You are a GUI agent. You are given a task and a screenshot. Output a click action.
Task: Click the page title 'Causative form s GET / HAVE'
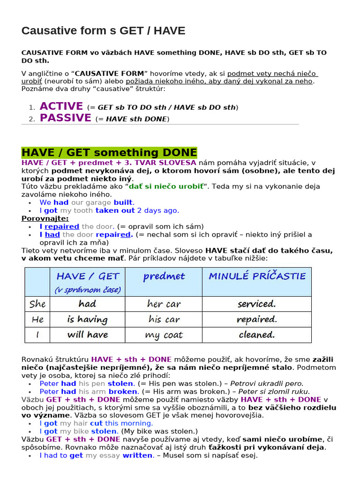pyautogui.click(x=104, y=31)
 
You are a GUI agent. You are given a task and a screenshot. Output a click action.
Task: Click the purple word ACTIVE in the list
pyautogui.click(x=61, y=106)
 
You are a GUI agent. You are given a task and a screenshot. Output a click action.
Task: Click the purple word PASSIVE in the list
pyautogui.click(x=66, y=118)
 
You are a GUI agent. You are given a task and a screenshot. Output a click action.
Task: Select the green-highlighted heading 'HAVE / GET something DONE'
pyautogui.click(x=109, y=153)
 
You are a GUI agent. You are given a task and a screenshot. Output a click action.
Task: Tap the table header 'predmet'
pyautogui.click(x=164, y=277)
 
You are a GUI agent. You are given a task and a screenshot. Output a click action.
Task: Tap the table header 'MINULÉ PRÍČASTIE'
pyautogui.click(x=257, y=276)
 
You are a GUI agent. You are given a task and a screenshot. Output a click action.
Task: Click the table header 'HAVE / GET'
pyautogui.click(x=88, y=277)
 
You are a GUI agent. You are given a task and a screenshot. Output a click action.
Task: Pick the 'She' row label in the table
pyautogui.click(x=37, y=304)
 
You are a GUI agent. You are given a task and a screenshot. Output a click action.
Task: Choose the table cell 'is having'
pyautogui.click(x=87, y=320)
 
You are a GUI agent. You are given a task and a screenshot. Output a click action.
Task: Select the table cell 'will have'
pyautogui.click(x=87, y=335)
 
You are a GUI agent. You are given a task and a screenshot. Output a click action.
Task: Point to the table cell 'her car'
pyautogui.click(x=164, y=304)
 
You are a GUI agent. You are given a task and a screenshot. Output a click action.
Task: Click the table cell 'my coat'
pyautogui.click(x=164, y=335)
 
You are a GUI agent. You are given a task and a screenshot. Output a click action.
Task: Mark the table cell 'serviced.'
pyautogui.click(x=257, y=304)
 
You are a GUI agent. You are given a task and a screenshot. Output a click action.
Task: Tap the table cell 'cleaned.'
pyautogui.click(x=257, y=335)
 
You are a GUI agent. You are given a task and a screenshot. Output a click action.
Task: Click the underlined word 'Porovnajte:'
pyautogui.click(x=45, y=218)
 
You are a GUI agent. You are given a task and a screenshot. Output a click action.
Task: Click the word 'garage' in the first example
pyautogui.click(x=98, y=202)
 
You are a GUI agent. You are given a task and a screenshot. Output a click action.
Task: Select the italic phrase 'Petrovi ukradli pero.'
pyautogui.click(x=270, y=383)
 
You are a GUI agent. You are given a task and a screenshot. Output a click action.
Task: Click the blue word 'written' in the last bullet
pyautogui.click(x=137, y=455)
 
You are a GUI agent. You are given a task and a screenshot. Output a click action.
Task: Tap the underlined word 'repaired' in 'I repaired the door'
pyautogui.click(x=62, y=226)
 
